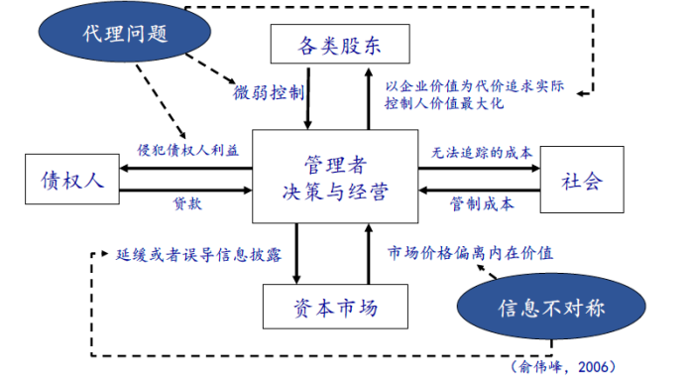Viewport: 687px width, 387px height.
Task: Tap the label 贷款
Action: coord(187,204)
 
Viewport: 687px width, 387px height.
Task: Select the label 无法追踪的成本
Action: coord(482,153)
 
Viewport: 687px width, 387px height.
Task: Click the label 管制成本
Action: coord(482,205)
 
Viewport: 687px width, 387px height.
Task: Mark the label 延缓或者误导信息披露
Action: coord(198,253)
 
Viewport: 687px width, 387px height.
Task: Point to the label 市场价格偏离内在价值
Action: coord(469,253)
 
